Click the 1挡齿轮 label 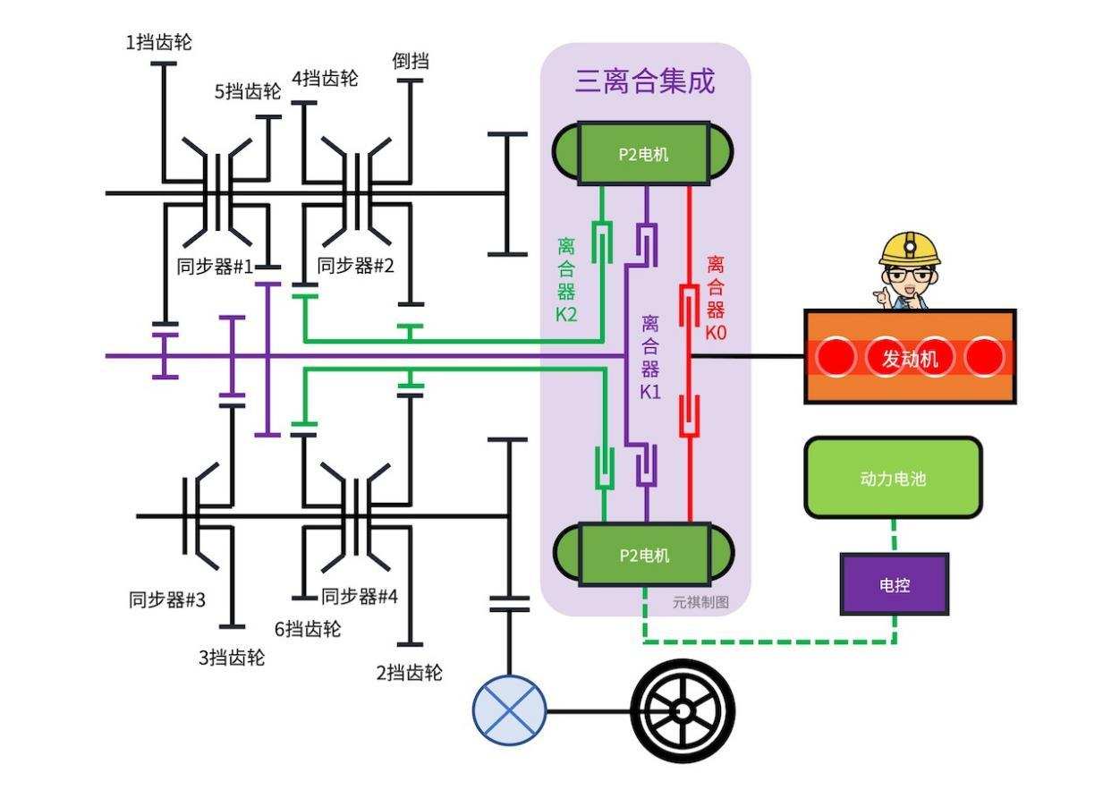158,42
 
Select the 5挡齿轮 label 248,91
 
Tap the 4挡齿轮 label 325,79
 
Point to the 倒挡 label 411,61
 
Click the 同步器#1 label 215,266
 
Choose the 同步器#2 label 355,266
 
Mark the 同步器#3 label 167,599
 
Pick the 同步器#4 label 359,596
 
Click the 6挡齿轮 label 307,629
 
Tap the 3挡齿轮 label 232,658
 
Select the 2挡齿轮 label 409,673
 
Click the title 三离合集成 645,81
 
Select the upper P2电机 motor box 643,154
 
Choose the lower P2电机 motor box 644,555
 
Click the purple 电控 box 895,584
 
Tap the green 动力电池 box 893,478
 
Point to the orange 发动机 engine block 910,357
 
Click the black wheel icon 683,711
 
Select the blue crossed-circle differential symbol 509,711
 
